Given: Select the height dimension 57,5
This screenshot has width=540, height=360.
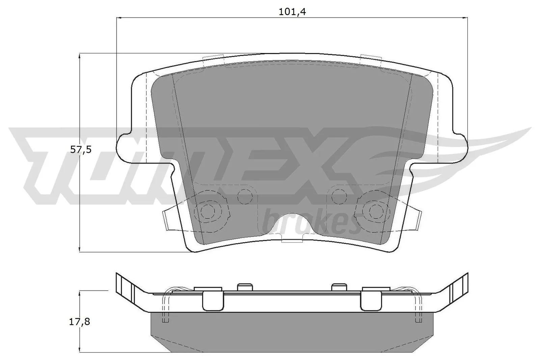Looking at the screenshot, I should [x=81, y=150].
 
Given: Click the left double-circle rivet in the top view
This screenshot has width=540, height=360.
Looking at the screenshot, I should [x=207, y=211].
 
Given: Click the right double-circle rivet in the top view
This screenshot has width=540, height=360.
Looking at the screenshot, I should [x=374, y=211].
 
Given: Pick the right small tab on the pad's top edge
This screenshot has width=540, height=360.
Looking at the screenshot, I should [x=370, y=58].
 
